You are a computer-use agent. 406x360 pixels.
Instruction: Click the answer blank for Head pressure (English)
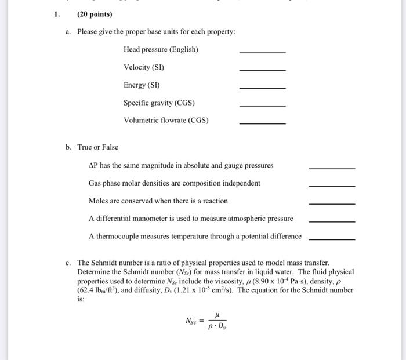tap(262, 53)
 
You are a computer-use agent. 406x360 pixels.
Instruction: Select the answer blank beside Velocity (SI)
tap(262, 70)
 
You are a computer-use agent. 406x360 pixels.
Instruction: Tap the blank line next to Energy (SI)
tap(262, 88)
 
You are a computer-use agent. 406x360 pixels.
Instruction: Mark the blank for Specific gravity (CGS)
tap(262, 106)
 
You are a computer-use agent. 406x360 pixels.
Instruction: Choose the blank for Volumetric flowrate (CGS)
tap(262, 123)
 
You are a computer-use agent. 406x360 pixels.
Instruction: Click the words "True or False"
tap(97, 147)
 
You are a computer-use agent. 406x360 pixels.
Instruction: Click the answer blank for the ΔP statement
tap(332, 168)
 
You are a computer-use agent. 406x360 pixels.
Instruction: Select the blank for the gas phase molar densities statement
tap(332, 186)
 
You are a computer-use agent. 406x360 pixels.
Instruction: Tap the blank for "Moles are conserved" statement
tap(332, 204)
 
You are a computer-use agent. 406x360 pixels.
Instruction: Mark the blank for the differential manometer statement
tap(332, 221)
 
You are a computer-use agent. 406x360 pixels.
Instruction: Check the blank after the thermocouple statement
tap(332, 239)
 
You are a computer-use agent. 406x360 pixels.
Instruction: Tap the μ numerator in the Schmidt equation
tap(216, 315)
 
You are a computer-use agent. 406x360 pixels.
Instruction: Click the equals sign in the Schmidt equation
tap(204, 321)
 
